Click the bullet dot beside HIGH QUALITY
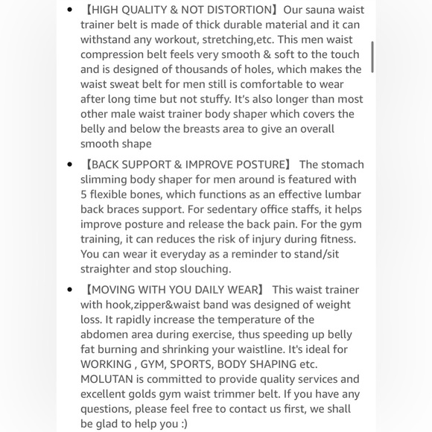click(x=70, y=10)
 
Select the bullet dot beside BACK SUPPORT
click(x=70, y=165)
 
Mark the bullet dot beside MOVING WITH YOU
click(x=70, y=290)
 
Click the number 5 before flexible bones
click(x=84, y=194)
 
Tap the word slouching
click(x=204, y=269)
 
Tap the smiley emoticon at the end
click(x=183, y=424)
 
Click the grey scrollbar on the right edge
click(x=372, y=56)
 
